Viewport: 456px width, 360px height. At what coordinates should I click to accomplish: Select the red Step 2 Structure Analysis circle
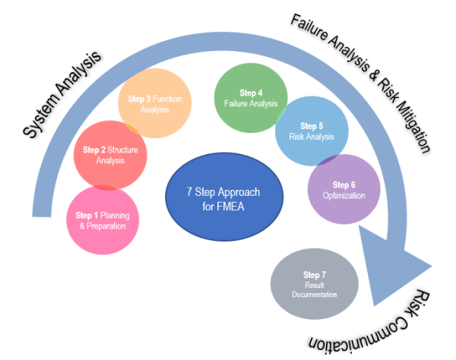tap(110, 155)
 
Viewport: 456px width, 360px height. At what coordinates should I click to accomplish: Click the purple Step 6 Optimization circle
tap(344, 190)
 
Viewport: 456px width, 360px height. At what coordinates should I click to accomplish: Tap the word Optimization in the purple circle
tap(344, 196)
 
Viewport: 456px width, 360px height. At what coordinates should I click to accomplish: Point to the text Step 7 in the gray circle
tap(315, 274)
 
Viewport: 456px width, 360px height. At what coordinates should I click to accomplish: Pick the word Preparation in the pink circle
tap(106, 226)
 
